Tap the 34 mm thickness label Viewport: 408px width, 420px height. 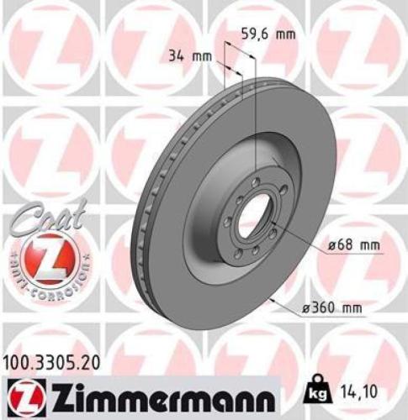[186, 57]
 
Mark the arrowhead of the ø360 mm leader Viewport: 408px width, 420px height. [269, 298]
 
